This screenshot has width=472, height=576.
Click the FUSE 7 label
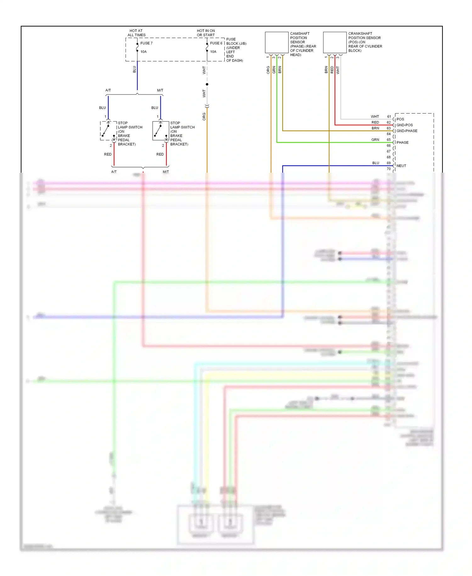click(146, 43)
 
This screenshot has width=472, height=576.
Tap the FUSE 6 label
click(216, 43)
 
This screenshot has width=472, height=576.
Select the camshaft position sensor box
click(277, 43)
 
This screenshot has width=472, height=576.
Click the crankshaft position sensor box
click(335, 43)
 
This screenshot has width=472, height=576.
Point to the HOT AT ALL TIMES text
click(136, 33)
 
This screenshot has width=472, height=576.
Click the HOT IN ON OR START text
click(206, 33)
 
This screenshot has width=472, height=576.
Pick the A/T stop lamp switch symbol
click(108, 131)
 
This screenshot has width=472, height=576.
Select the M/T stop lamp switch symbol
click(160, 131)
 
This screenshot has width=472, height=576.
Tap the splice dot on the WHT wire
click(207, 84)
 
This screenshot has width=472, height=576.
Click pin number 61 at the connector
click(389, 117)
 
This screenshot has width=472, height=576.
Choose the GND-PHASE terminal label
click(407, 131)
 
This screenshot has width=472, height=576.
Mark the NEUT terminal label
click(401, 166)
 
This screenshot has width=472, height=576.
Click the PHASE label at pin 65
click(402, 142)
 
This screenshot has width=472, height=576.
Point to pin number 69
click(389, 163)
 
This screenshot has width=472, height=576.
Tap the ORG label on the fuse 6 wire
click(204, 117)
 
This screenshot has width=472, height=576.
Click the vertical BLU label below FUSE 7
click(134, 69)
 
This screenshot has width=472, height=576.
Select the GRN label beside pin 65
click(375, 140)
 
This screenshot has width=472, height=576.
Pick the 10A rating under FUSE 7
click(143, 52)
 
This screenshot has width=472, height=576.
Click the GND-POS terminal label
click(404, 125)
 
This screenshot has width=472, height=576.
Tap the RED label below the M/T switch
click(160, 154)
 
